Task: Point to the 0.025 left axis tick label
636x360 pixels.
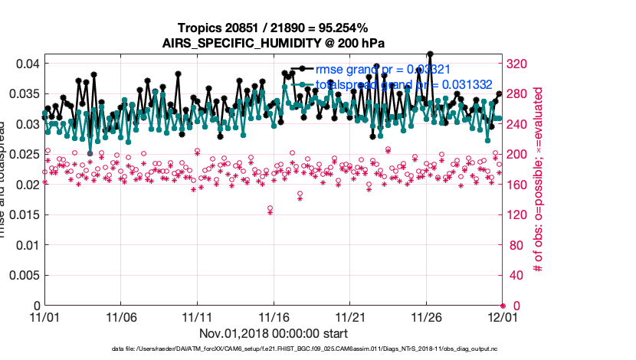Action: tap(23, 155)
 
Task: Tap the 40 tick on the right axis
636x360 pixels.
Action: tap(514, 276)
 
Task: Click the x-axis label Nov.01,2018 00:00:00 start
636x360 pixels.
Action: tap(274, 333)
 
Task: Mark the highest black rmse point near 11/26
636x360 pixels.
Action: tap(431, 54)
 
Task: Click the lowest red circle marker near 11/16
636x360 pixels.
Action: tap(270, 208)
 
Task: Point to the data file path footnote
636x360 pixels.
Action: tap(273, 349)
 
